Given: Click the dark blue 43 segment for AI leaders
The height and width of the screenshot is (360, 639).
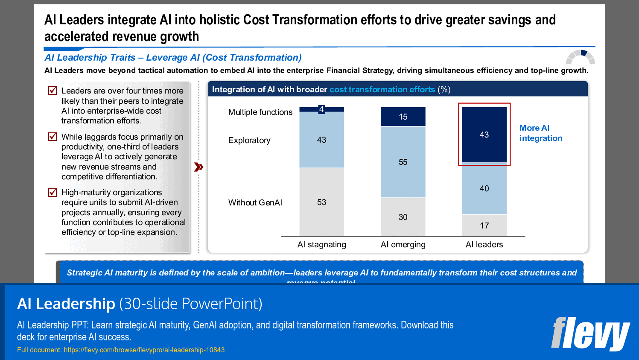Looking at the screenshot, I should point(484,135).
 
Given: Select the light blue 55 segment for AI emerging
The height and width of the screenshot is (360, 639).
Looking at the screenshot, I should point(403,162).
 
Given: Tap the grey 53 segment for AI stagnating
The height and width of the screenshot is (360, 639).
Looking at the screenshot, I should point(321,202).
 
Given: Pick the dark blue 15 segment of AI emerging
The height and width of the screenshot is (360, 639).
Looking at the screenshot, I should point(403,117).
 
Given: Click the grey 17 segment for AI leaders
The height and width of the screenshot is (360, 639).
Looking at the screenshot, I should point(484,225).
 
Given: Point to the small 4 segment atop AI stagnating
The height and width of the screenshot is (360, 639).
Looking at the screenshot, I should point(321,109).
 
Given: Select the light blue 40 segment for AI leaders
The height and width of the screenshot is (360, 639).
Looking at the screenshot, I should point(484,188).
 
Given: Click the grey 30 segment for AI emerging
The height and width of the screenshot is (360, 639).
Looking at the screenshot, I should point(403,217).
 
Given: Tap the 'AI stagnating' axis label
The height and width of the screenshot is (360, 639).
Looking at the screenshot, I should point(321,245).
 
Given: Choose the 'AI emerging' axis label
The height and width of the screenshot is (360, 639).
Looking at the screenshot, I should point(403,245).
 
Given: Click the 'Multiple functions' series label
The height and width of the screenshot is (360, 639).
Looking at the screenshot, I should point(260,112).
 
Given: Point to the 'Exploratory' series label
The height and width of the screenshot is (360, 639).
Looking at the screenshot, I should point(249,140).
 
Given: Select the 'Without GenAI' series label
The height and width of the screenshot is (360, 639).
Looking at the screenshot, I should point(255,203).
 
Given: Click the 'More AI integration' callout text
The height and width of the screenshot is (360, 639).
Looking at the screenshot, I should point(540,133).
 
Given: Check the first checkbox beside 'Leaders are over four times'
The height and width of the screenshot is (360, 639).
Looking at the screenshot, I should point(53,91).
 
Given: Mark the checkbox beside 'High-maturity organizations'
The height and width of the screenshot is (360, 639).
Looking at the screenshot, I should point(53,193).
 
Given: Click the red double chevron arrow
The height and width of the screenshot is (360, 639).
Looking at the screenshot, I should point(198,167).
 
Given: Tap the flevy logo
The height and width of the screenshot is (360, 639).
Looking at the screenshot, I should point(590,334).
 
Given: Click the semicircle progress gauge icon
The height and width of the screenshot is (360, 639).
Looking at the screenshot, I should point(580,57).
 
